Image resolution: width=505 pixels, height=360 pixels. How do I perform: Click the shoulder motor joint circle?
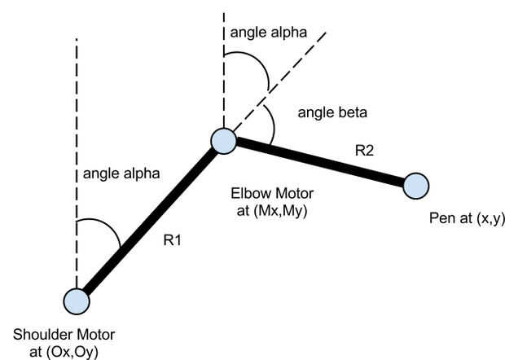[77, 301]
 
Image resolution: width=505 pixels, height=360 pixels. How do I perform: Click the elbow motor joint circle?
[223, 141]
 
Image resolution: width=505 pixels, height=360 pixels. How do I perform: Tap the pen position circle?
[415, 186]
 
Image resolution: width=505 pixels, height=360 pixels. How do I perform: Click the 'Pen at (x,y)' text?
[463, 220]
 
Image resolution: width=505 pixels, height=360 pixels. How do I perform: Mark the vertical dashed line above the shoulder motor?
[77, 122]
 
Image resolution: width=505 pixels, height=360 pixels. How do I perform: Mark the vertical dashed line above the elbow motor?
[223, 73]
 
